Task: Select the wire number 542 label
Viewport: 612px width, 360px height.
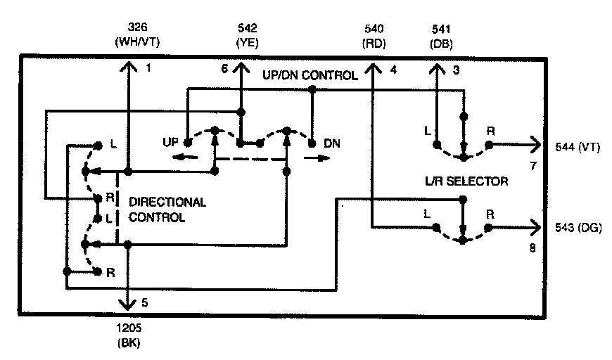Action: (248, 28)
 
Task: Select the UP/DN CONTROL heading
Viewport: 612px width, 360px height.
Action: (309, 75)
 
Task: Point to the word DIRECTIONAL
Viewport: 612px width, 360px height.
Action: (167, 202)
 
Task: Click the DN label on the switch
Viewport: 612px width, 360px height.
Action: (332, 143)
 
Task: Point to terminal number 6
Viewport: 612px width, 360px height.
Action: (224, 68)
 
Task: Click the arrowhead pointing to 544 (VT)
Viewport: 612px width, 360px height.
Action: (536, 144)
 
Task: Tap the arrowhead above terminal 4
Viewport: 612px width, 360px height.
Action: (372, 66)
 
